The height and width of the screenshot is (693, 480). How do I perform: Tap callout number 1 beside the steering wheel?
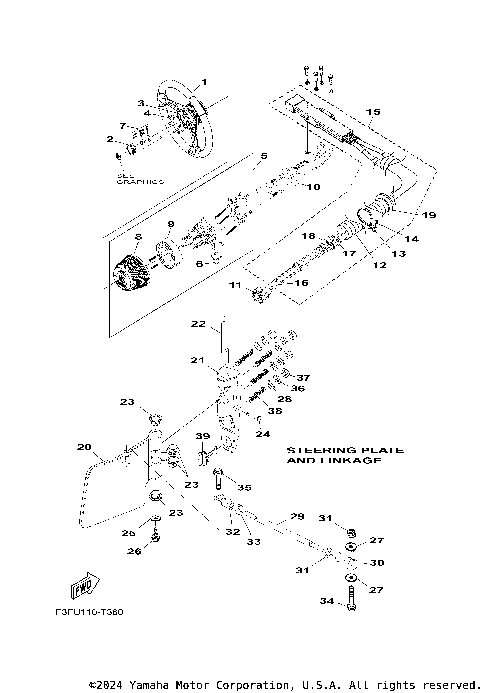tap(204, 82)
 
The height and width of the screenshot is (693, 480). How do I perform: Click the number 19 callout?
tap(427, 215)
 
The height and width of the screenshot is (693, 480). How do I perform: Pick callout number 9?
tap(170, 224)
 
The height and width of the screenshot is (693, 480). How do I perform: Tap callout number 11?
tap(235, 285)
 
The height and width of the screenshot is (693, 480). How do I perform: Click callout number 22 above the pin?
tap(198, 324)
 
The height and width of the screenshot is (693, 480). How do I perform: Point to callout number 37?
tap(304, 378)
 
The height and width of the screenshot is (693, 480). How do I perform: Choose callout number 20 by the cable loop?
tap(84, 446)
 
